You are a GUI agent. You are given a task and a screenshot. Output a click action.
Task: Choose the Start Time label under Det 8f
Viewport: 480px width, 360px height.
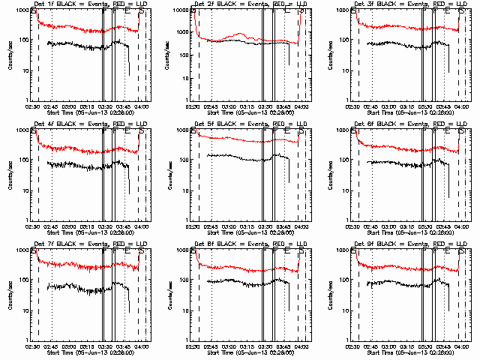248,352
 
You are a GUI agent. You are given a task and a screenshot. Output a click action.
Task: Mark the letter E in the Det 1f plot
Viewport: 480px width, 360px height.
127,13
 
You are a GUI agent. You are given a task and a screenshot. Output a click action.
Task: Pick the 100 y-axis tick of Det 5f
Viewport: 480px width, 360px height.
185,160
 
